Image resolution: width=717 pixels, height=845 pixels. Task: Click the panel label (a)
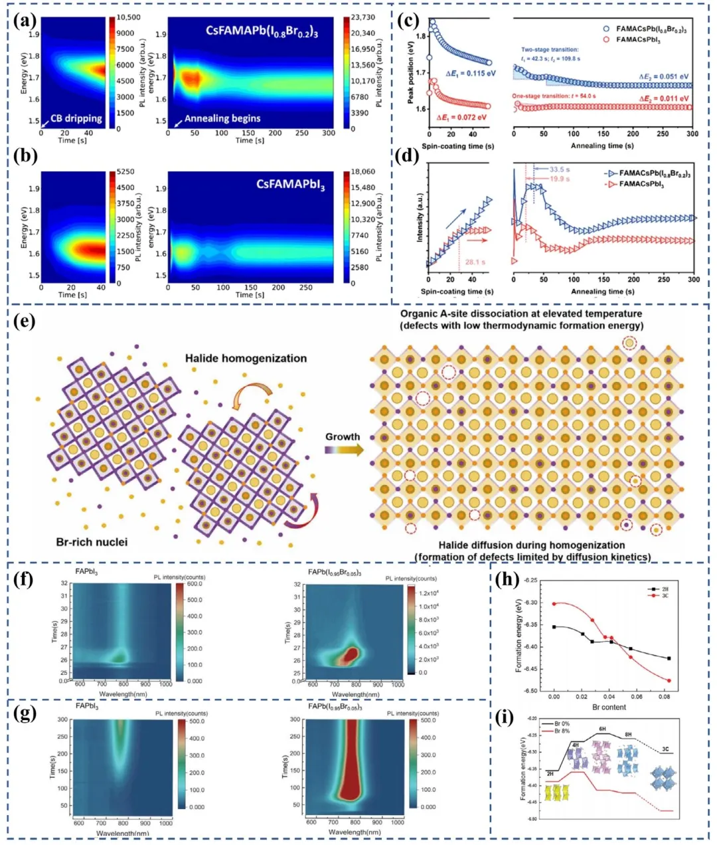click(x=26, y=22)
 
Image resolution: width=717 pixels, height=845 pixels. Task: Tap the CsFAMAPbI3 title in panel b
click(x=291, y=185)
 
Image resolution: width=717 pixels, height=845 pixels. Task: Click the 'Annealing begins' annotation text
click(x=222, y=118)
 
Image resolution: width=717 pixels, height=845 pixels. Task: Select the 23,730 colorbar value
click(x=363, y=17)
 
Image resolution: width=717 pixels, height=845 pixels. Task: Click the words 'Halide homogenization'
click(x=246, y=358)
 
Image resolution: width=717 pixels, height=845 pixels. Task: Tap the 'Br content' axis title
click(x=609, y=707)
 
